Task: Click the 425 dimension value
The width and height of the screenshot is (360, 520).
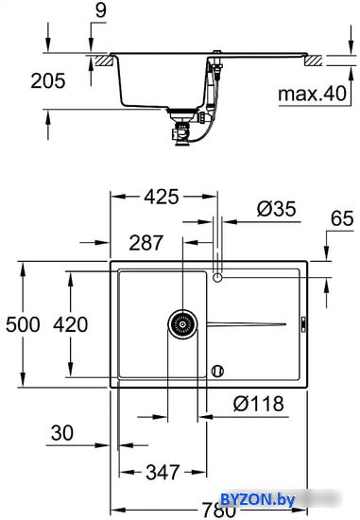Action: (x=162, y=197)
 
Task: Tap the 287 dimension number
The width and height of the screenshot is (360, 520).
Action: (x=146, y=243)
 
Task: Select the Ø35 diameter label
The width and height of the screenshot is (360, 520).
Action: (x=277, y=209)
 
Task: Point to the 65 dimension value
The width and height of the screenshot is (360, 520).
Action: (x=342, y=218)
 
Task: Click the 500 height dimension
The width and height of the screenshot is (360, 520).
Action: (x=23, y=324)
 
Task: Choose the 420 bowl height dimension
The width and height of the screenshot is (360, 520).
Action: (x=71, y=324)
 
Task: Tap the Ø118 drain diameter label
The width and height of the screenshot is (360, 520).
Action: (x=259, y=404)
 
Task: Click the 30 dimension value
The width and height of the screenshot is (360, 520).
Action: (x=62, y=433)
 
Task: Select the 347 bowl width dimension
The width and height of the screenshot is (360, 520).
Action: (x=163, y=472)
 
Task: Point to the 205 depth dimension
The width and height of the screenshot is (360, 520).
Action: (x=48, y=81)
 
